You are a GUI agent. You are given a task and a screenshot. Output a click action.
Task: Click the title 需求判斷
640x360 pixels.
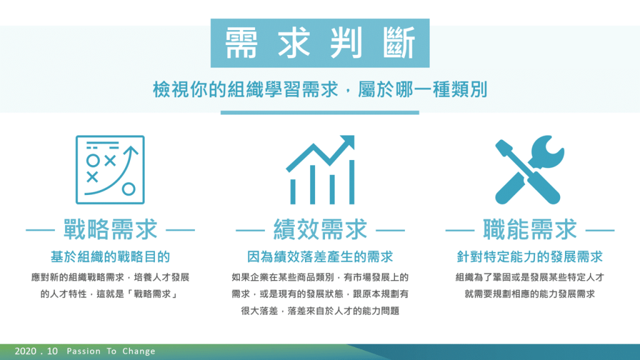320,43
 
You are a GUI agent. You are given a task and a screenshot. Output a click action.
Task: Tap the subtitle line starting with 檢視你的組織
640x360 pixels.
320,90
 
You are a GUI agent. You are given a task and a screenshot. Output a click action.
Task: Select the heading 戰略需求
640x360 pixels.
110,229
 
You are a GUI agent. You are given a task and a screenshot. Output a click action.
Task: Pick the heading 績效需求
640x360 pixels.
320,229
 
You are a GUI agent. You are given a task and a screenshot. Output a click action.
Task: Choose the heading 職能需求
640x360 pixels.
530,229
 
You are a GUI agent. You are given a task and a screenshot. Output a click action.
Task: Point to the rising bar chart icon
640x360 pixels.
321,170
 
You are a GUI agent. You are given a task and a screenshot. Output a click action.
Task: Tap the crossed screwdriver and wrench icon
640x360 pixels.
530,170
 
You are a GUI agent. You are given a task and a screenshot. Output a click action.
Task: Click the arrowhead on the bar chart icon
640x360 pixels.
347,142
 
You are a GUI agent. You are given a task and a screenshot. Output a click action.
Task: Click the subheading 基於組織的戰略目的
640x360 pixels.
110,257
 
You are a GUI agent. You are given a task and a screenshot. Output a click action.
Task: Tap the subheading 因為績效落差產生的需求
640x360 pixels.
320,257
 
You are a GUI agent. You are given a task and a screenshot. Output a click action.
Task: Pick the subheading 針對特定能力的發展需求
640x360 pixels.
530,257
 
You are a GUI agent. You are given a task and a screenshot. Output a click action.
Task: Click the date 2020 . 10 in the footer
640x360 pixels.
36,351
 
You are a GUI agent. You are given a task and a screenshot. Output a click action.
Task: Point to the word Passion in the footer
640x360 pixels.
84,351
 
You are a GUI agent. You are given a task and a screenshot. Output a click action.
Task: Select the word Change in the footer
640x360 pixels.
139,351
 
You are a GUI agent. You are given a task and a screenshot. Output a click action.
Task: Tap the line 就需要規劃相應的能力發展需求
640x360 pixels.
530,294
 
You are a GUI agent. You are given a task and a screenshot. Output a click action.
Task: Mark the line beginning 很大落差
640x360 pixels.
320,311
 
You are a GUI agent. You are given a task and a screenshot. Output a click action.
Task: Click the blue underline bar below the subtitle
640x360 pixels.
320,112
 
